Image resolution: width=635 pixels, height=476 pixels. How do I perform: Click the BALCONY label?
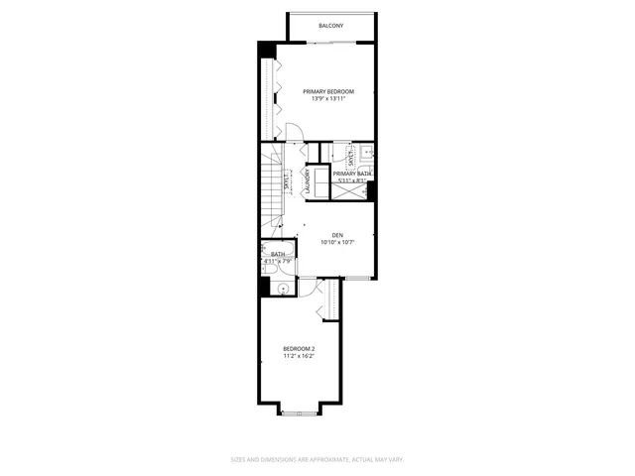tap(330, 26)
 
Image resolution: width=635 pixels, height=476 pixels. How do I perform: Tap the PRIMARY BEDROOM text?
tap(328, 91)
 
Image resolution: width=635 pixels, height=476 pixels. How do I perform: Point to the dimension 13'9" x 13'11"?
tap(328, 99)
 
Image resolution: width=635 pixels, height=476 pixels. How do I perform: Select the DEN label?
tap(337, 235)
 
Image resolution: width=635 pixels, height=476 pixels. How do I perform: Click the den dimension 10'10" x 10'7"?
tap(337, 243)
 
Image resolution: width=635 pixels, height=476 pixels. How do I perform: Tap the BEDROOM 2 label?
tap(299, 348)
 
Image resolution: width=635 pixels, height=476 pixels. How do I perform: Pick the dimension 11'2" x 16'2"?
tap(299, 356)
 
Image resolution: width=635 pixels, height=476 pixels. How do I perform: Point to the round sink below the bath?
tap(283, 289)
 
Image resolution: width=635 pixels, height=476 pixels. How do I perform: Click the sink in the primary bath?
tap(366, 154)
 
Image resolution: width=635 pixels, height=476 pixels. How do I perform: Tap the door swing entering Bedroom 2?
tap(310, 288)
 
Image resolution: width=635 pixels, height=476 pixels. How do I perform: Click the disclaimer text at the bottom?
tap(317, 459)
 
